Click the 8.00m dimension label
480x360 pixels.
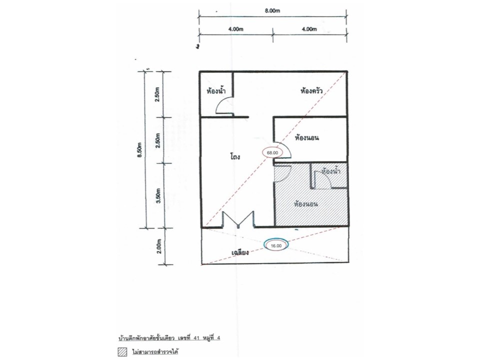click(x=272, y=10)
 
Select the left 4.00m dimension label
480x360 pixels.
click(x=235, y=29)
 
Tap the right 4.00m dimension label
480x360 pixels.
click(x=309, y=29)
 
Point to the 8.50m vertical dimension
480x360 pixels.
click(x=140, y=149)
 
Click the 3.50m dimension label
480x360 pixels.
click(x=158, y=195)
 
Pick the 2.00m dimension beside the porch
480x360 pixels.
click(x=158, y=246)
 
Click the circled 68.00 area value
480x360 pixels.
click(x=272, y=152)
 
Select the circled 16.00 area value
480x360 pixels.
click(x=276, y=245)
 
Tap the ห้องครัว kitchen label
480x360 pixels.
click(x=311, y=90)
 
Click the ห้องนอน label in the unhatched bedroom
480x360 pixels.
click(x=306, y=137)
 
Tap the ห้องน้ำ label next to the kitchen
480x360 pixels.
click(x=216, y=90)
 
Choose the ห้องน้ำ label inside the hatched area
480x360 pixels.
click(x=331, y=171)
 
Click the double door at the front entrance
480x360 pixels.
click(x=238, y=219)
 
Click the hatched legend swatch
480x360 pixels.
click(x=122, y=351)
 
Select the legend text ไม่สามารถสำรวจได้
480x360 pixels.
click(x=155, y=351)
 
